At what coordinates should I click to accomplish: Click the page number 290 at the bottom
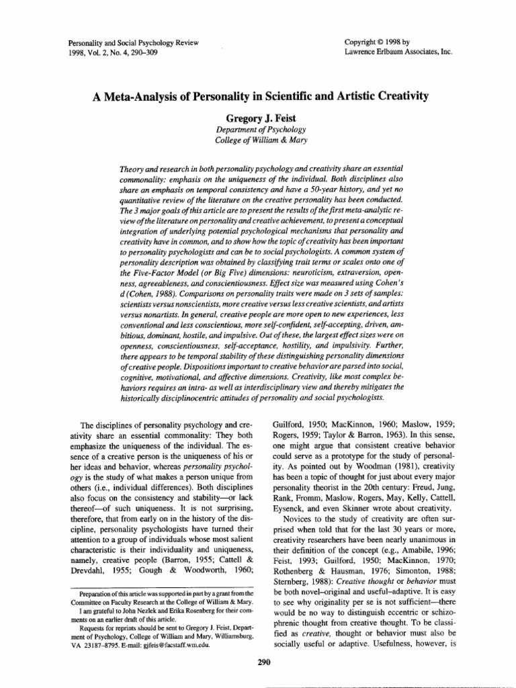[x=263, y=662]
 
